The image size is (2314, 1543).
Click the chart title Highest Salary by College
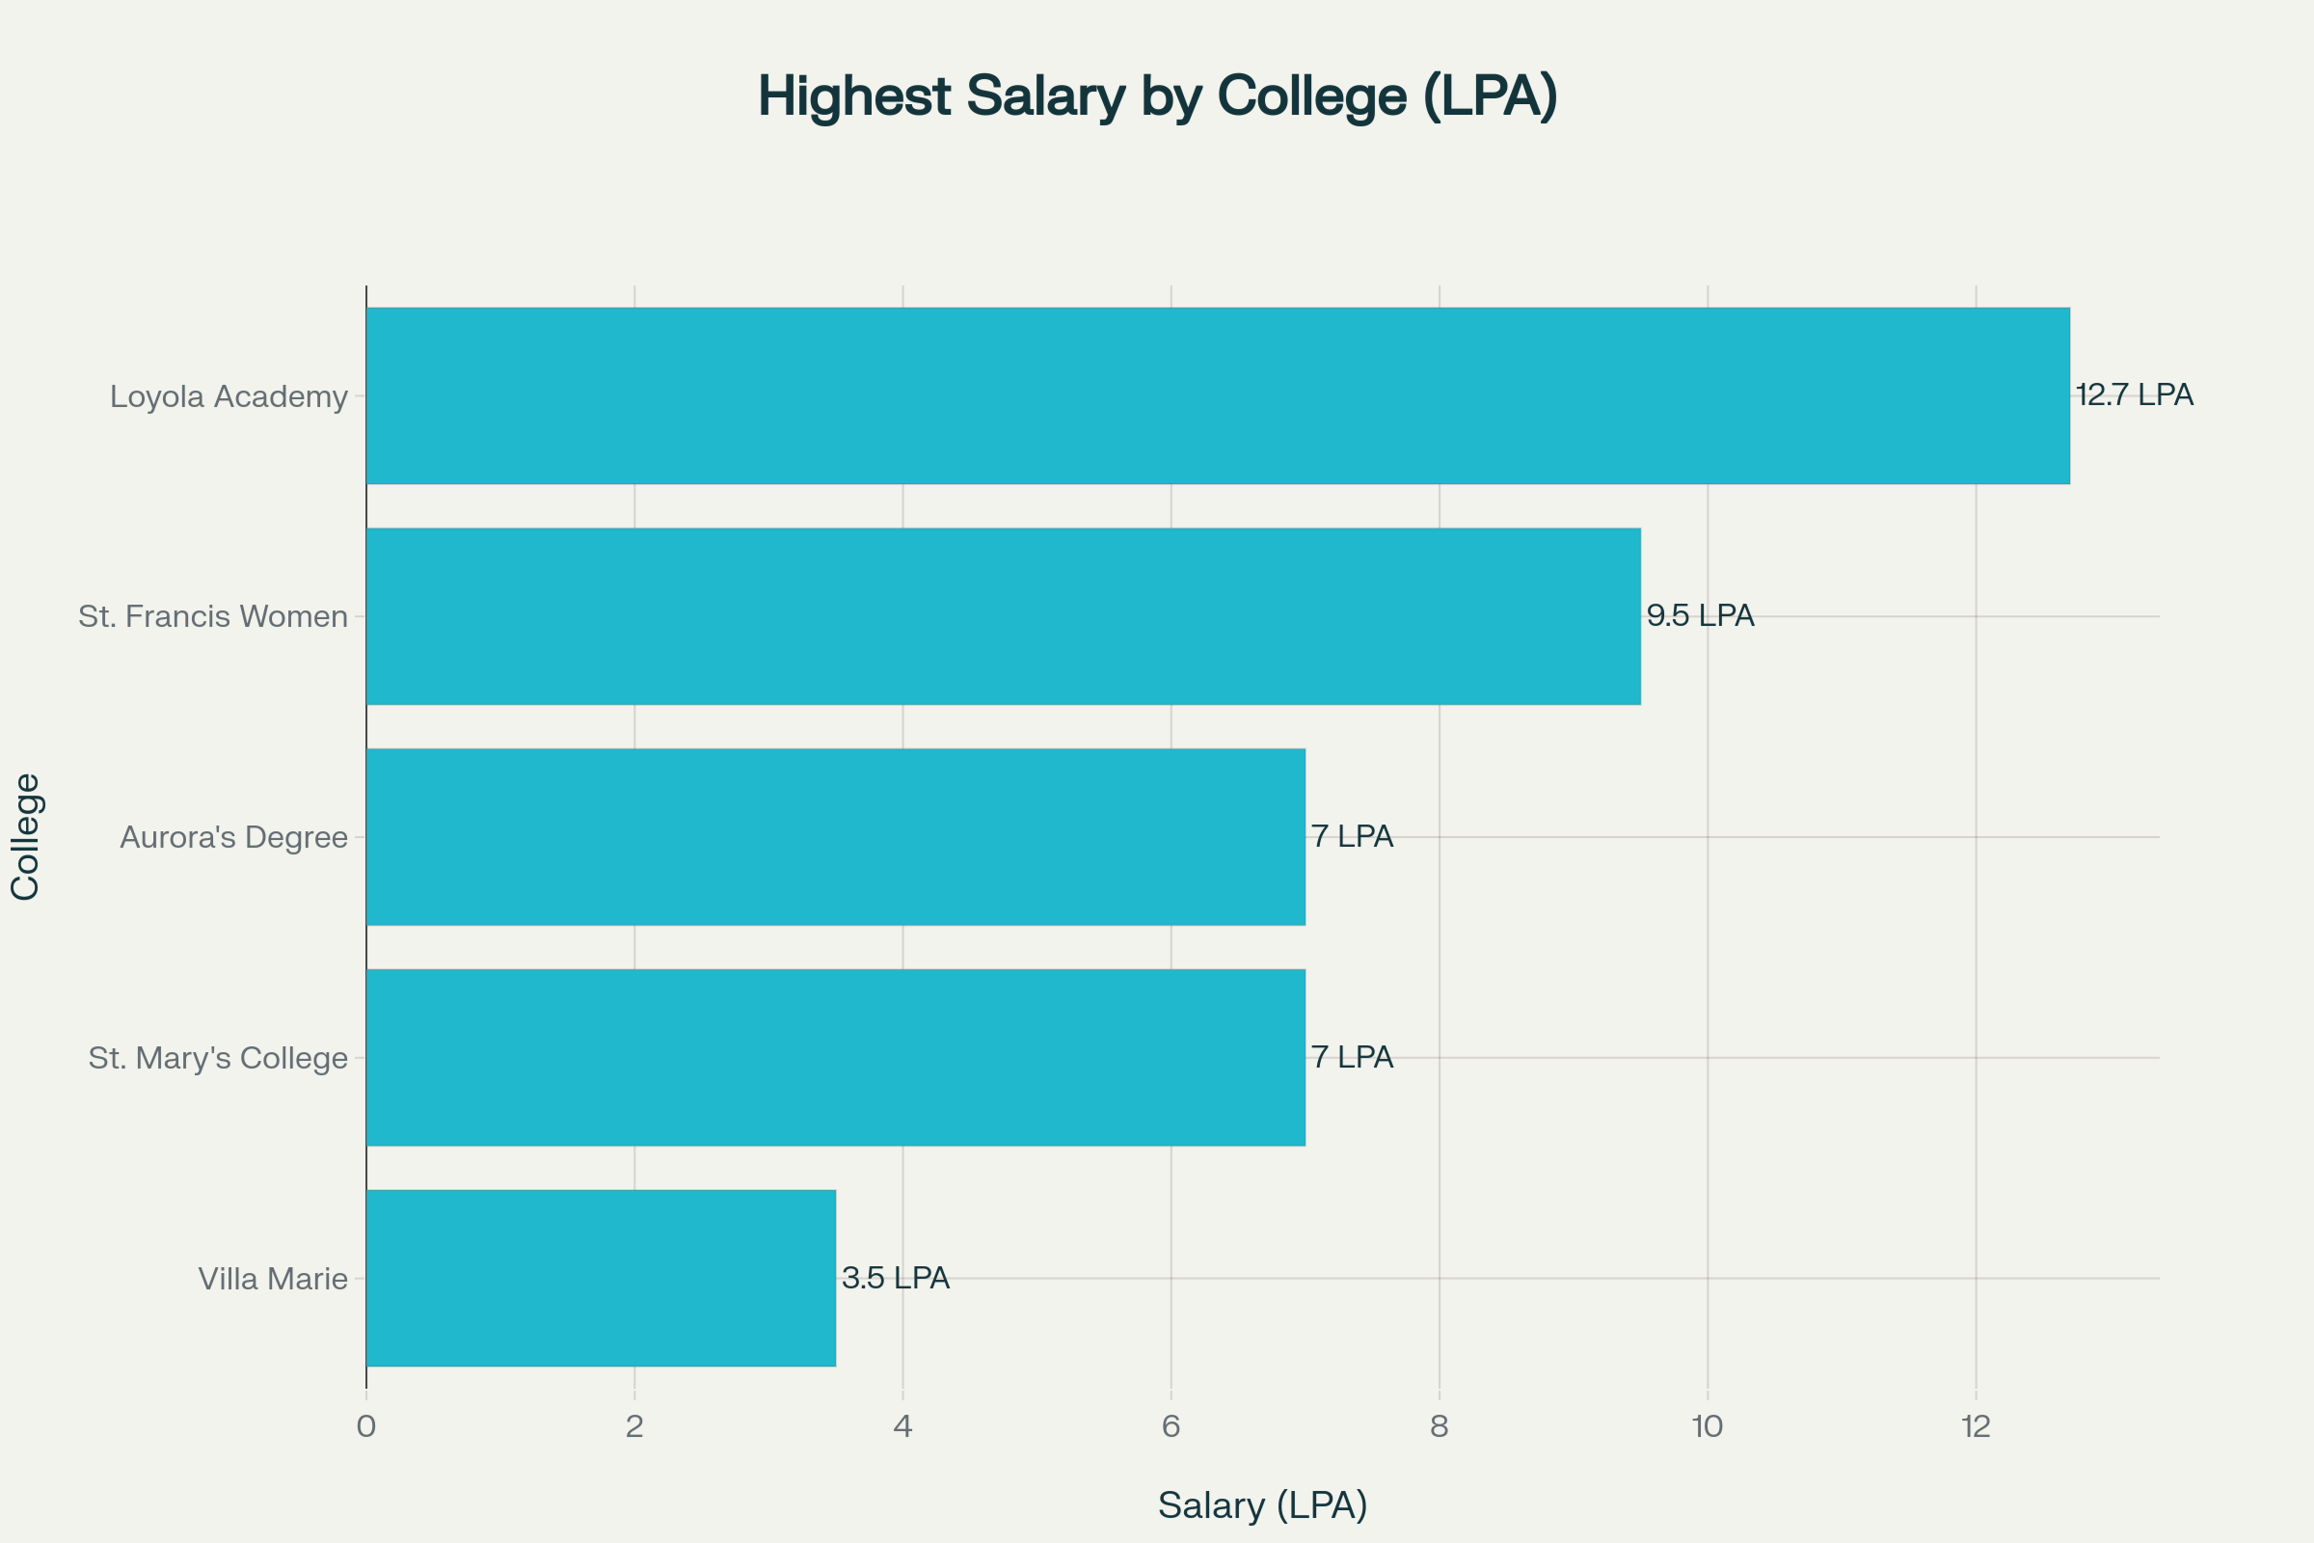[x=1157, y=96]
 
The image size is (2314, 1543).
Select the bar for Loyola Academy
[x=1218, y=395]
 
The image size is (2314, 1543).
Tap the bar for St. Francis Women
[x=1004, y=616]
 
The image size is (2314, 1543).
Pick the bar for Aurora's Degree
[x=835, y=836]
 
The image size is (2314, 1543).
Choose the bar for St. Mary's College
[x=835, y=1057]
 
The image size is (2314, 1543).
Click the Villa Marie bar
[x=600, y=1277]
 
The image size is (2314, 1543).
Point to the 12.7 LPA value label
[x=2134, y=394]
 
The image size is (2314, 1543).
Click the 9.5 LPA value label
[x=1700, y=615]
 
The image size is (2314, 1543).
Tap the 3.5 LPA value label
[x=896, y=1277]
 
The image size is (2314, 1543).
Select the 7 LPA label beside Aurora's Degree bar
[x=1352, y=836]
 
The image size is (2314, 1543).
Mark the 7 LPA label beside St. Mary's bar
[x=1352, y=1057]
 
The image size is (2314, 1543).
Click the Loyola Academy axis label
[x=229, y=396]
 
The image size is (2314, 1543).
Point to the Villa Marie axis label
[x=273, y=1279]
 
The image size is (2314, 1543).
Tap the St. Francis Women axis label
[x=212, y=617]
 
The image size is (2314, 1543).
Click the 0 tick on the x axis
[x=366, y=1427]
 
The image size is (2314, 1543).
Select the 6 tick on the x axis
[x=1170, y=1427]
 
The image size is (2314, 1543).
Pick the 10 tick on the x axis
[x=1707, y=1427]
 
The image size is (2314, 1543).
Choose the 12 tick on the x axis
[x=1976, y=1427]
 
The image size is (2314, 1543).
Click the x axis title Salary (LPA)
[x=1262, y=1504]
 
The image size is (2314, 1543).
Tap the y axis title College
[x=26, y=836]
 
